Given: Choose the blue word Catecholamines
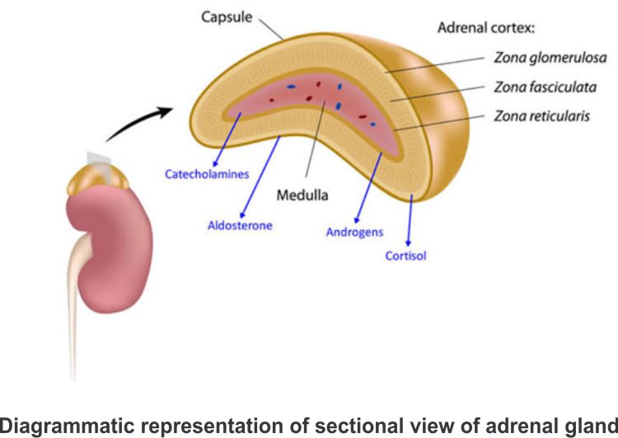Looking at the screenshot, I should [x=205, y=174].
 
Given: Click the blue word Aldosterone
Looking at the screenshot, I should [x=240, y=224].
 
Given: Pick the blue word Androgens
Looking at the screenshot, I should [x=355, y=232].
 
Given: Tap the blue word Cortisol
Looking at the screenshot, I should [x=406, y=256].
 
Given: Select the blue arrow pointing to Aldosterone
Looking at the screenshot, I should [x=260, y=177].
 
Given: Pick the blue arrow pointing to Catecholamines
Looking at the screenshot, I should [x=227, y=141].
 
